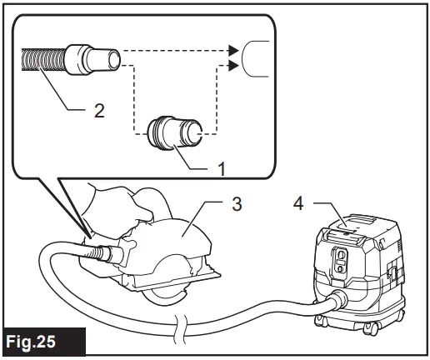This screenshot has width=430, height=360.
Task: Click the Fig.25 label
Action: pos(42,342)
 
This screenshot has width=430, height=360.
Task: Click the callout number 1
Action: pos(221,168)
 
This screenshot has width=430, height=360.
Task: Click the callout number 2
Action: pos(99,110)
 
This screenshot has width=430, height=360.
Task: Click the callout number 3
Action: pos(237,203)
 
